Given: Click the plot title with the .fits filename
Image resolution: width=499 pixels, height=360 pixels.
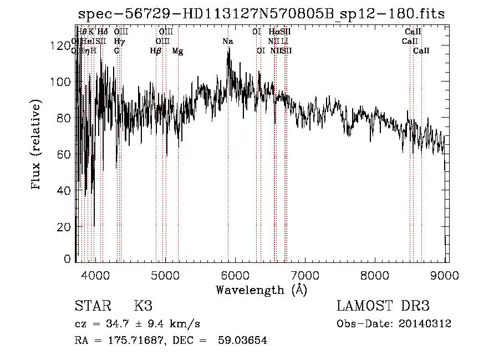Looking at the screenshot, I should point(261,14).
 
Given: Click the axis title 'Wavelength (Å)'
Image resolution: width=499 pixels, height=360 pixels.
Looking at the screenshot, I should point(261,290).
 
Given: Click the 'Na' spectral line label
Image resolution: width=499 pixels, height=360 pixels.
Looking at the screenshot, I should point(228,42).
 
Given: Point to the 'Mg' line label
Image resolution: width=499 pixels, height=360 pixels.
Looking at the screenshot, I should point(177,51).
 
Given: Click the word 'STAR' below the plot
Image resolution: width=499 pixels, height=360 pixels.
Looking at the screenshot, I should point(91,306).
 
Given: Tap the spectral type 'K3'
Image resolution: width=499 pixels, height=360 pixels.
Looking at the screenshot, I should point(142,306).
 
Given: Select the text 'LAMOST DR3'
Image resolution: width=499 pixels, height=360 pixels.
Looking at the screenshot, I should point(383,306).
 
